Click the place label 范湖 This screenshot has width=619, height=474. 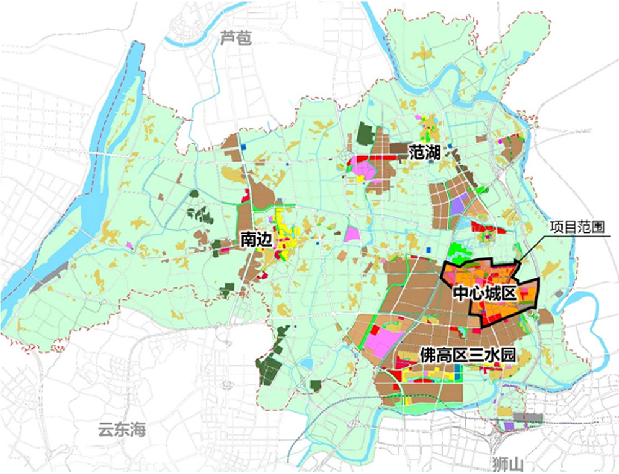point(424,152)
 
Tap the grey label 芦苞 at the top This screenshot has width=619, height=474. point(236,39)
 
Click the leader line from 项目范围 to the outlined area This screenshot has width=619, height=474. point(534,248)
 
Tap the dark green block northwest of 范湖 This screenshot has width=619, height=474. point(366,135)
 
